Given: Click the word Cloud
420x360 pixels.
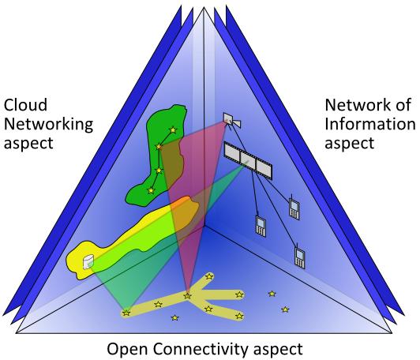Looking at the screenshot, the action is (x=25, y=105).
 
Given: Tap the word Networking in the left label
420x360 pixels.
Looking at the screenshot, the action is (x=48, y=125).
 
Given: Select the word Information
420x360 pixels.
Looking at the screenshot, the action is (x=370, y=124).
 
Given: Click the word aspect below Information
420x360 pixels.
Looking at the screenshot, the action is (x=350, y=144).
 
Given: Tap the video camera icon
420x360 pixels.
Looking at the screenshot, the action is (x=232, y=120).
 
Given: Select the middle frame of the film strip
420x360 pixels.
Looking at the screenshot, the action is (x=248, y=161).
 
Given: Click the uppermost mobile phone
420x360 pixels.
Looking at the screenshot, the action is (x=294, y=207).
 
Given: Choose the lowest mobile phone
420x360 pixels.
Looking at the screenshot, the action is (x=300, y=257).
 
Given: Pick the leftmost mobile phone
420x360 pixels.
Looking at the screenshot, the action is (x=261, y=226).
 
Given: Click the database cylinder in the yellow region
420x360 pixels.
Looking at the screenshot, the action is (x=88, y=261).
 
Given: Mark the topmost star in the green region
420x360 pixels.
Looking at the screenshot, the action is (x=174, y=130).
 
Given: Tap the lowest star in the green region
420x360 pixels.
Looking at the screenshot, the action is (x=151, y=191).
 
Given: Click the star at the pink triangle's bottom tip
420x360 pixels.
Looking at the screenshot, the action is (x=188, y=296).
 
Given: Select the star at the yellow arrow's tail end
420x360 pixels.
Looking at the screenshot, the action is (x=126, y=313).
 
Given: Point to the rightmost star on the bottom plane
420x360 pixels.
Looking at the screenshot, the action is (x=285, y=309).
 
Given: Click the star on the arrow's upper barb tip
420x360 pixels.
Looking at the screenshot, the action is (x=209, y=276).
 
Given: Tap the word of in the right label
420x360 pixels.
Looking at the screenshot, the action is (x=403, y=105).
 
